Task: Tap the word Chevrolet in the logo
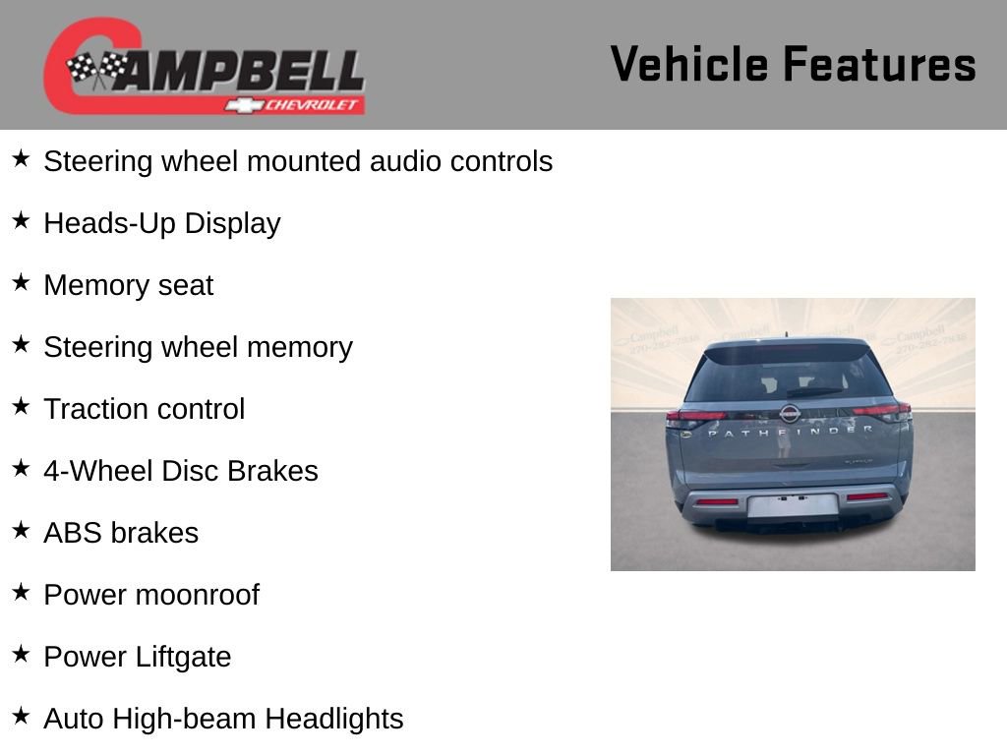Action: (x=311, y=105)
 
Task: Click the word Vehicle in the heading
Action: (x=689, y=64)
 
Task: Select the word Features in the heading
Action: (x=880, y=64)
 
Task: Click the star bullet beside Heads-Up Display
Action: (x=21, y=221)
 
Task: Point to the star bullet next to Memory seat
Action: (x=21, y=282)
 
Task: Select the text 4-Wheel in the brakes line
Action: (x=98, y=471)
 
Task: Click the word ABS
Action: (x=73, y=533)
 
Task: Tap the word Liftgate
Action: (x=183, y=657)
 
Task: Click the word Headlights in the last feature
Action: (x=334, y=719)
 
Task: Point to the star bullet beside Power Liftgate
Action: (x=21, y=654)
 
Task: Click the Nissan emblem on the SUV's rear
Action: (x=790, y=414)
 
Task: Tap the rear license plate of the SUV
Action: (x=794, y=505)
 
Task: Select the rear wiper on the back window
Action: (x=814, y=391)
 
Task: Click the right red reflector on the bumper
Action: (x=867, y=496)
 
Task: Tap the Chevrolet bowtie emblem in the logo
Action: (x=244, y=105)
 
